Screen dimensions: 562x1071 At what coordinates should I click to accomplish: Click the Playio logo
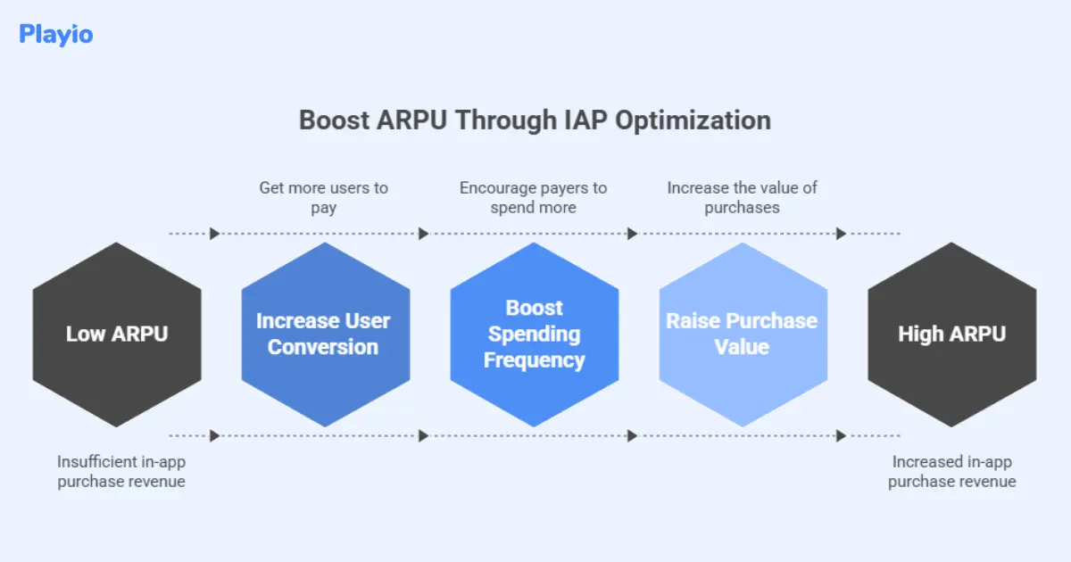coord(55,35)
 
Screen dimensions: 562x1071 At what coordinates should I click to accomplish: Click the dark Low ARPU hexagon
coord(117,335)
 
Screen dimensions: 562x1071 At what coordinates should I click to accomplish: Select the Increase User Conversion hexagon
coord(326,335)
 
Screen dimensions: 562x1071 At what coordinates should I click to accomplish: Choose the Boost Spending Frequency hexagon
coord(534,335)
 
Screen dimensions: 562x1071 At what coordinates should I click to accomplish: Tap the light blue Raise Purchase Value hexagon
coord(743,335)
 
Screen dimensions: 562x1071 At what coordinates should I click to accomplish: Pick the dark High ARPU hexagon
coord(951,335)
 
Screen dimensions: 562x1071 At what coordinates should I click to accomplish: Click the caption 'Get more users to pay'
coord(324,197)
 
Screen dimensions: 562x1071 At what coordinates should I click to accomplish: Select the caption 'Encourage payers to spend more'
coord(533,197)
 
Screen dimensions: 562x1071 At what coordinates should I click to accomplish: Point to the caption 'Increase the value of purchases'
coord(742,197)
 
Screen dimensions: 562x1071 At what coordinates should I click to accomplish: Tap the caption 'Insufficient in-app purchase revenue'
coord(121,471)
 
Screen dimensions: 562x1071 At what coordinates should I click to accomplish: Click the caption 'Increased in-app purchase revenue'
coord(951,471)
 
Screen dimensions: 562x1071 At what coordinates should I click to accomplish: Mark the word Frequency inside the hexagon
coord(534,360)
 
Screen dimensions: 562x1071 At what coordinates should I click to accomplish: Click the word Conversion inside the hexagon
coord(323,347)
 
